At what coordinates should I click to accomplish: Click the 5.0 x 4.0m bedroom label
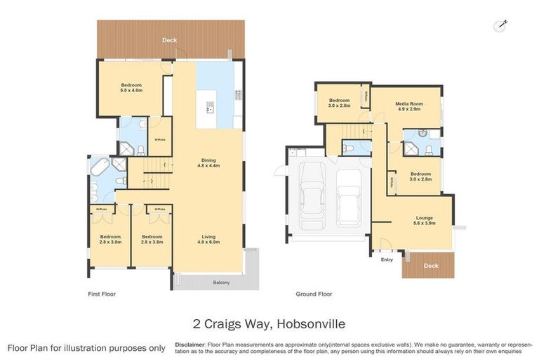(131, 87)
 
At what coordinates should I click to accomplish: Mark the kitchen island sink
(209, 108)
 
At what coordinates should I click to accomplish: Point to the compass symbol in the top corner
(501, 25)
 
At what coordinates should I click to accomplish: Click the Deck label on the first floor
(169, 41)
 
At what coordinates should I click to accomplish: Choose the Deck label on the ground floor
(431, 266)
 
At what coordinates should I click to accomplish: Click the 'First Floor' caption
(102, 294)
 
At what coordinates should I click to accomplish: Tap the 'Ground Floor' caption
(314, 294)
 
